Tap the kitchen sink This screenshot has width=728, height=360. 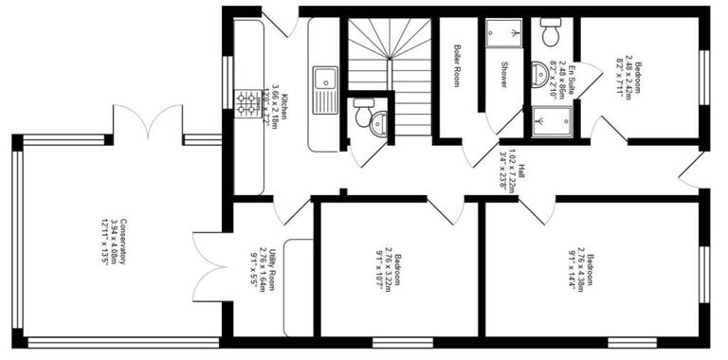(x=325, y=88)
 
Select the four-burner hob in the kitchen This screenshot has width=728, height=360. (x=247, y=100)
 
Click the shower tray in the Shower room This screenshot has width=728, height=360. (x=504, y=36)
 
